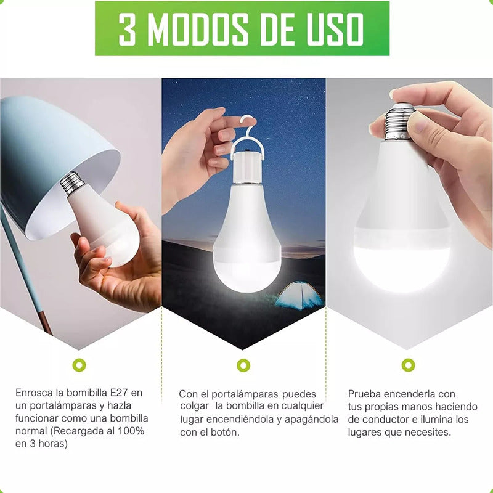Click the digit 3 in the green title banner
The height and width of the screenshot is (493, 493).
[128, 29]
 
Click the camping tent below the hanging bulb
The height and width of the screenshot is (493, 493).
[298, 295]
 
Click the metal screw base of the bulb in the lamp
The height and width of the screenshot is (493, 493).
[72, 182]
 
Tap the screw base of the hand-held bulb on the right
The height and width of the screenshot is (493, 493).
[399, 121]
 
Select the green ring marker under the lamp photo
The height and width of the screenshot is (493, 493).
[79, 365]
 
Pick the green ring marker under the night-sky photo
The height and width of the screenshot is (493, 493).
[243, 365]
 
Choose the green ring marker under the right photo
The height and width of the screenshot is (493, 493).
[408, 365]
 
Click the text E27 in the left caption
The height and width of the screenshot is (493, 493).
[119, 393]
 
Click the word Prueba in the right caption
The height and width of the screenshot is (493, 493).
[364, 394]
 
